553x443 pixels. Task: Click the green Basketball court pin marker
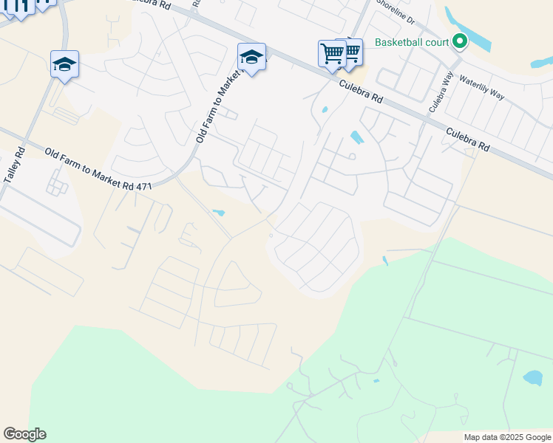point(460,41)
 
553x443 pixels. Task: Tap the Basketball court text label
point(412,42)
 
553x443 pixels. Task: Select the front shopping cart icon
point(332,54)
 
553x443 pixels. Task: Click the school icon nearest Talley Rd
point(64,65)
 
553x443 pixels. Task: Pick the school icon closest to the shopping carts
point(251,58)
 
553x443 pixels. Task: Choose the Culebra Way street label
point(439,92)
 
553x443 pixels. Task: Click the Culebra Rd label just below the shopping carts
point(362,92)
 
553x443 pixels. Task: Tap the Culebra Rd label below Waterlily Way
point(467,137)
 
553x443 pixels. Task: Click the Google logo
point(24,434)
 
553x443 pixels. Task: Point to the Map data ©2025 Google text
point(507,437)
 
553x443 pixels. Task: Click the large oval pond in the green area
point(532,378)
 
